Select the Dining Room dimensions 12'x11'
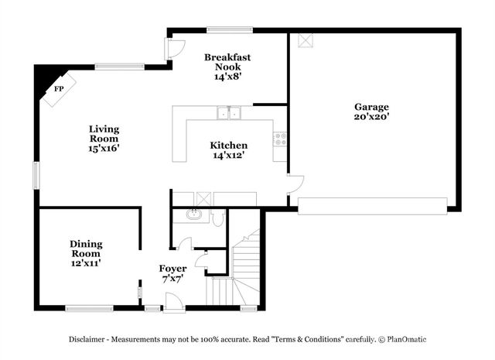click(86, 263)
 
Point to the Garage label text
click(371, 107)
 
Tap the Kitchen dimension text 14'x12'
click(229, 155)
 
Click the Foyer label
click(172, 269)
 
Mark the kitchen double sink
click(229, 113)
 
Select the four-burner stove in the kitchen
click(279, 139)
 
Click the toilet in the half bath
click(218, 218)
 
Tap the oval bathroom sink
click(196, 215)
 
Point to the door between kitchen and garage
click(295, 184)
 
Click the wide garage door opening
click(372, 205)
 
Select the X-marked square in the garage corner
click(305, 42)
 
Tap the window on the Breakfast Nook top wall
click(229, 30)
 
